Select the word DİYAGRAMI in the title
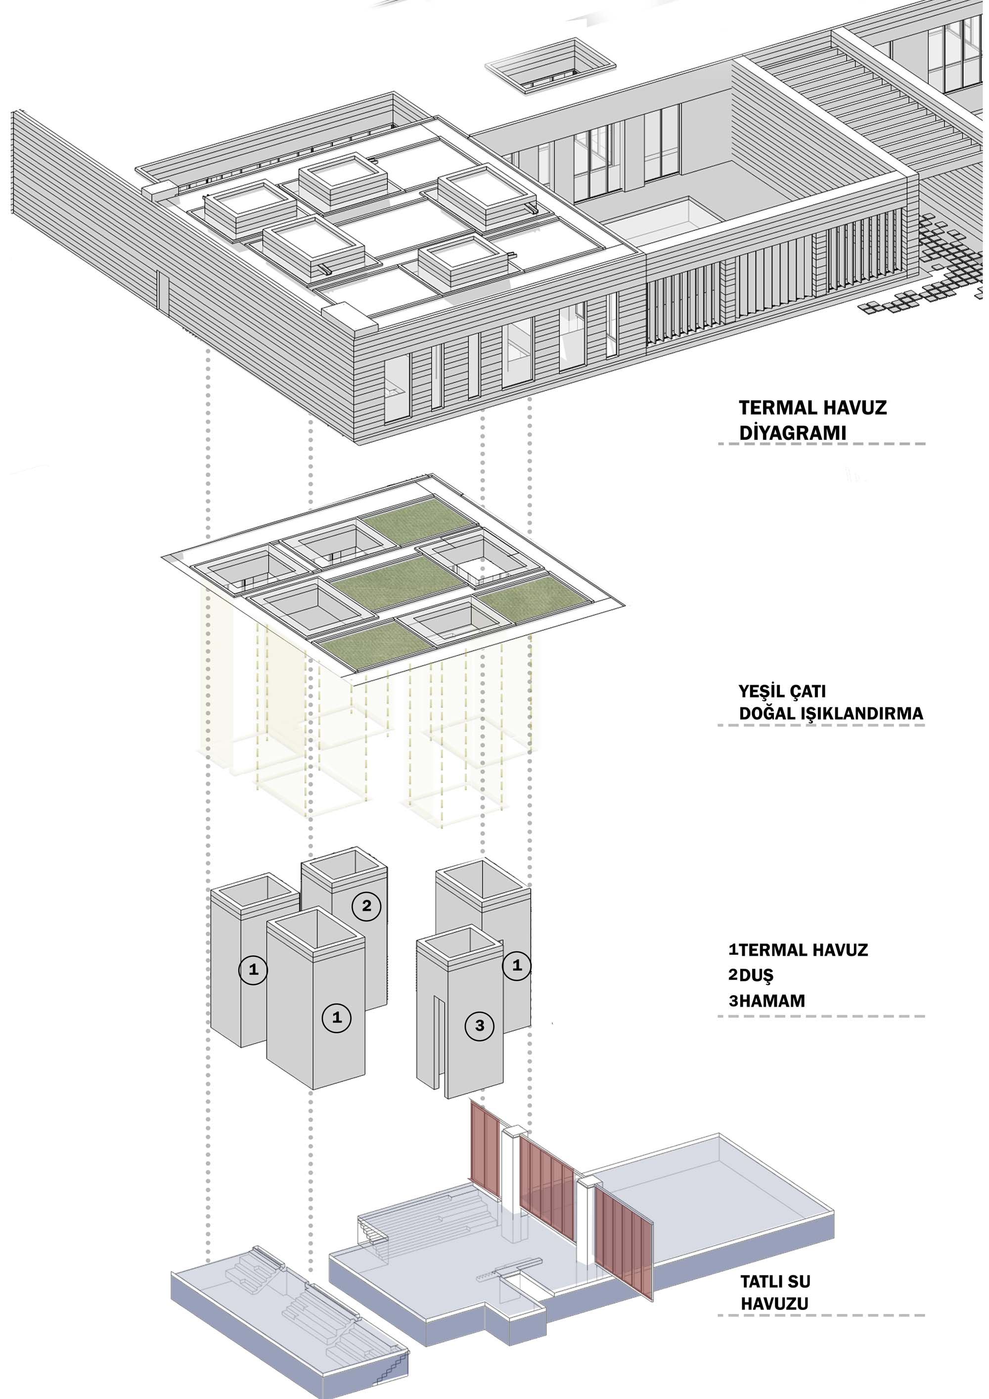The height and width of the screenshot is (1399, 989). coord(792,433)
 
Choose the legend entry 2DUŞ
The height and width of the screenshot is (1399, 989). coord(750,975)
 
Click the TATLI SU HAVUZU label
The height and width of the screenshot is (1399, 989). coord(775,1292)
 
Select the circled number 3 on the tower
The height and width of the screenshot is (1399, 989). coord(480,1026)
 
